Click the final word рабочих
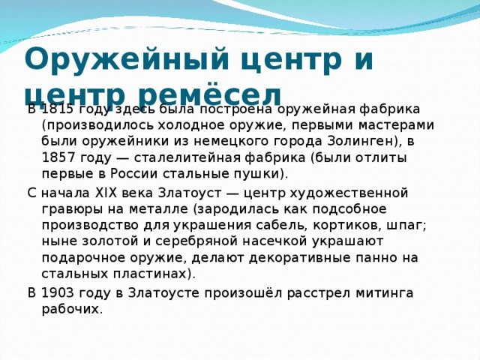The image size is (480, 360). (70, 308)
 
